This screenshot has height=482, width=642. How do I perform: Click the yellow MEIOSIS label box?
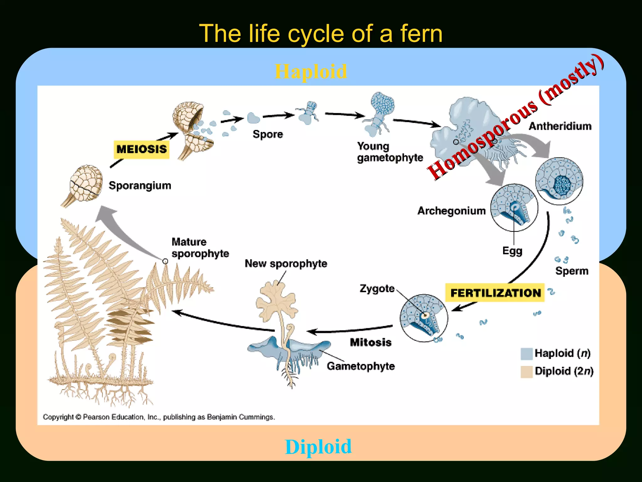[141, 149]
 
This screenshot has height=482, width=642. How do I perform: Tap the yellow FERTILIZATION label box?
[495, 293]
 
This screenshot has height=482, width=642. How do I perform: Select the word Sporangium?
[140, 185]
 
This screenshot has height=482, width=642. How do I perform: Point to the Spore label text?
[268, 134]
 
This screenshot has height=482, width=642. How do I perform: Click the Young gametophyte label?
[390, 152]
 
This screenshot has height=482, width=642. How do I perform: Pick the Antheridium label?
[560, 126]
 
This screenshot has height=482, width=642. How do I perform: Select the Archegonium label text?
[451, 211]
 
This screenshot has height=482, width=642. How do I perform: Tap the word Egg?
[512, 251]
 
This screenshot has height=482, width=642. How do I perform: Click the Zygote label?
[377, 288]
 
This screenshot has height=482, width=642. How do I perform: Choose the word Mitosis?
[371, 342]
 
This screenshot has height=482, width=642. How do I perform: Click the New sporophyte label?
[286, 264]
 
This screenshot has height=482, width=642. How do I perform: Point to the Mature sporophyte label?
[200, 248]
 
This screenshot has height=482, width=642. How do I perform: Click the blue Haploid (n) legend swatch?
[526, 354]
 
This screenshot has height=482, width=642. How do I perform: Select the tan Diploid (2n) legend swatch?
[526, 372]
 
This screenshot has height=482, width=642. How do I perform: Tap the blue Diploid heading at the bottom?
[318, 447]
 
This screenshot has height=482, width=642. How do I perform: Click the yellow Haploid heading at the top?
[311, 72]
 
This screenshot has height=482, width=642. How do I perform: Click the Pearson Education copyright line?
[159, 417]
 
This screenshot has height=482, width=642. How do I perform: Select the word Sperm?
[571, 271]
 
